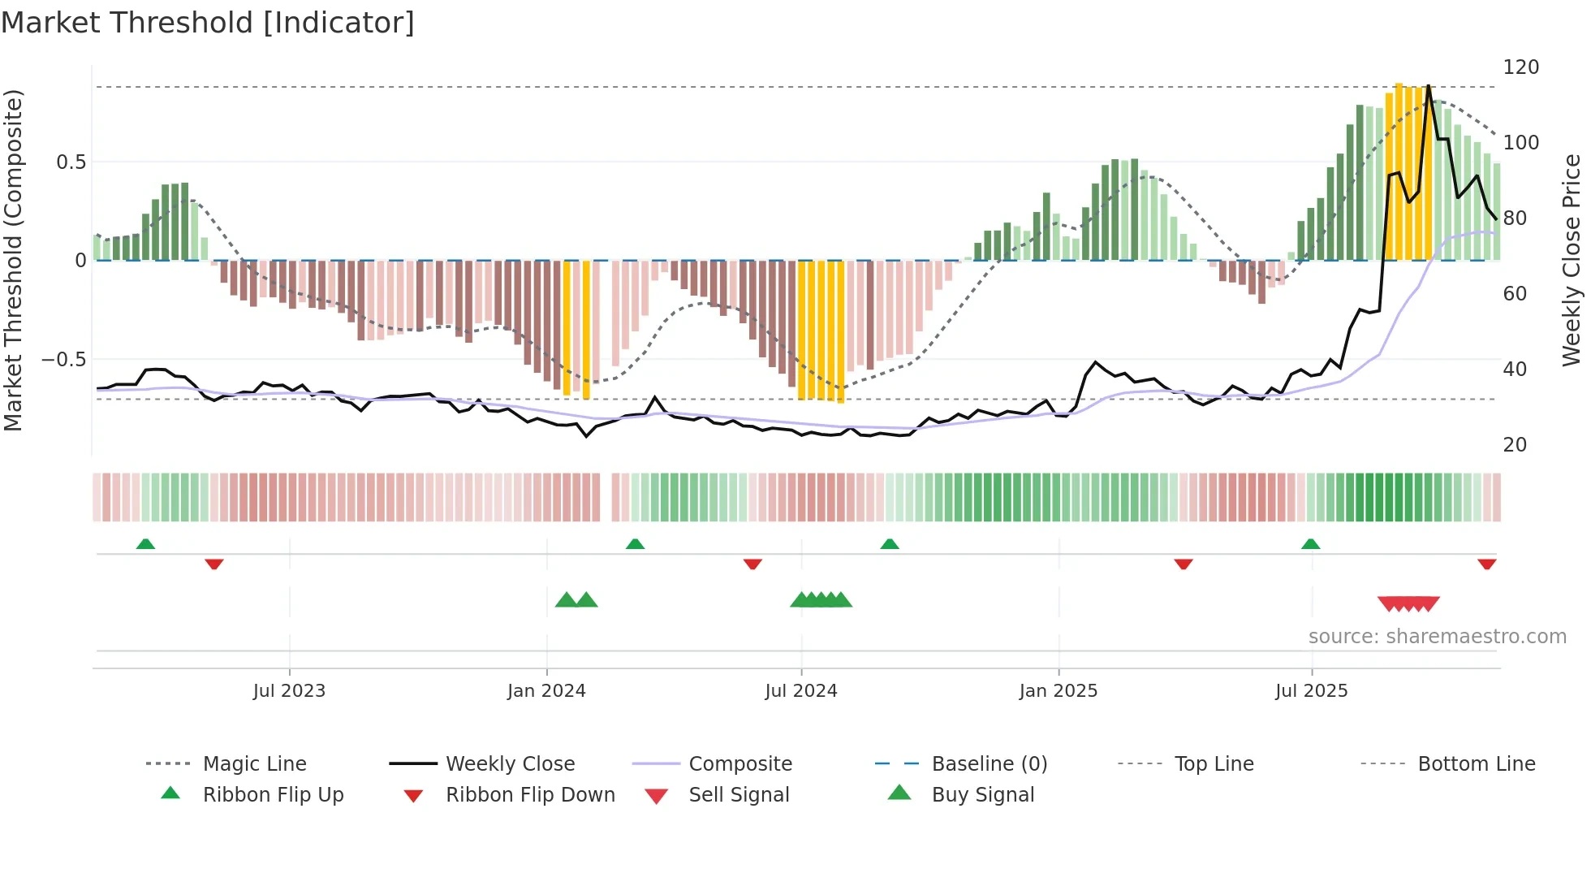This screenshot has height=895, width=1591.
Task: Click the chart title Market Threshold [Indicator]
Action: (x=208, y=23)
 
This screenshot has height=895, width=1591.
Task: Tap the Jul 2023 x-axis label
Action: (x=289, y=691)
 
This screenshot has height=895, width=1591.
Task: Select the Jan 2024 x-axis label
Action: (x=546, y=691)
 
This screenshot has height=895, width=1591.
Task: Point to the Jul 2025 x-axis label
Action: (x=1311, y=691)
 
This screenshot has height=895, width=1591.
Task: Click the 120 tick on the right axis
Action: (x=1520, y=67)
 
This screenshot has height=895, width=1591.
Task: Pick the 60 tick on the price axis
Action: (x=1515, y=294)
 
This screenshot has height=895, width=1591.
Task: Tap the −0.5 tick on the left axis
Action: (x=63, y=360)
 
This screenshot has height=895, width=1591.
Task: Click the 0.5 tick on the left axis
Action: (x=71, y=162)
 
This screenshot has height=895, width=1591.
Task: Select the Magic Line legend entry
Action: (x=254, y=764)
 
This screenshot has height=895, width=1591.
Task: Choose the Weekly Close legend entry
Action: (x=510, y=764)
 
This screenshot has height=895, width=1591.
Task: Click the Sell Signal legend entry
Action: (x=739, y=795)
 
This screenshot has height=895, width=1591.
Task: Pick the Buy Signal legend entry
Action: (x=982, y=795)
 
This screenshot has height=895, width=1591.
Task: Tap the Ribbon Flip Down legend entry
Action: (x=530, y=795)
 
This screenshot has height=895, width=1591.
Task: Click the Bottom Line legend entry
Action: (x=1476, y=764)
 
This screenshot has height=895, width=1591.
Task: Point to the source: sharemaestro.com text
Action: (x=1437, y=637)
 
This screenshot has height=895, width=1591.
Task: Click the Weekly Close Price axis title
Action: (x=1572, y=260)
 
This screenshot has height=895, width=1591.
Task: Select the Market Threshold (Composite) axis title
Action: (x=13, y=260)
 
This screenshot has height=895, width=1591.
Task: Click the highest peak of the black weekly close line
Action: (x=1429, y=86)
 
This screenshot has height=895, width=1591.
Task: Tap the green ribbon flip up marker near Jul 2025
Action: (x=1310, y=544)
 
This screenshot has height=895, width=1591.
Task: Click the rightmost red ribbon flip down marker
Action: (x=1486, y=564)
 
